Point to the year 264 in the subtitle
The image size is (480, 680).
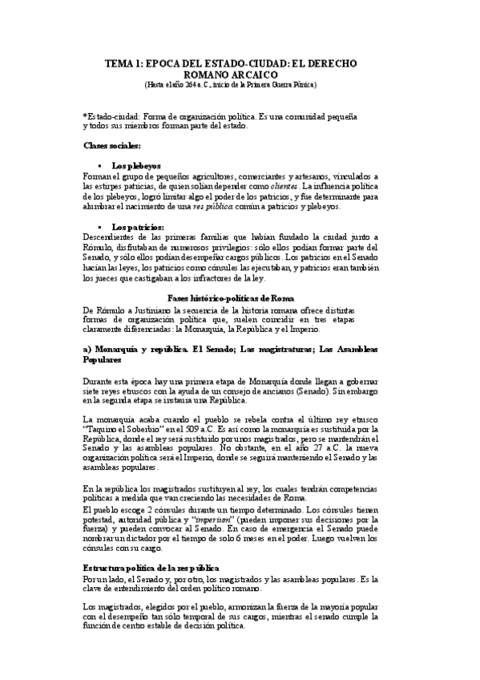196,83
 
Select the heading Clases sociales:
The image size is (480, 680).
112,145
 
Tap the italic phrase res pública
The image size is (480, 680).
244,206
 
